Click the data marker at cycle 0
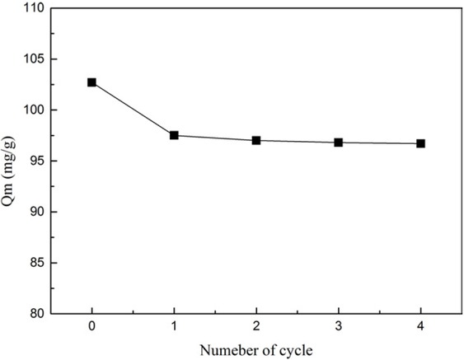91,82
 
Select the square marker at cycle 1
174,135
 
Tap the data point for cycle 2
256,140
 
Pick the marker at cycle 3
339,143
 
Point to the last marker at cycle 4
421,143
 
